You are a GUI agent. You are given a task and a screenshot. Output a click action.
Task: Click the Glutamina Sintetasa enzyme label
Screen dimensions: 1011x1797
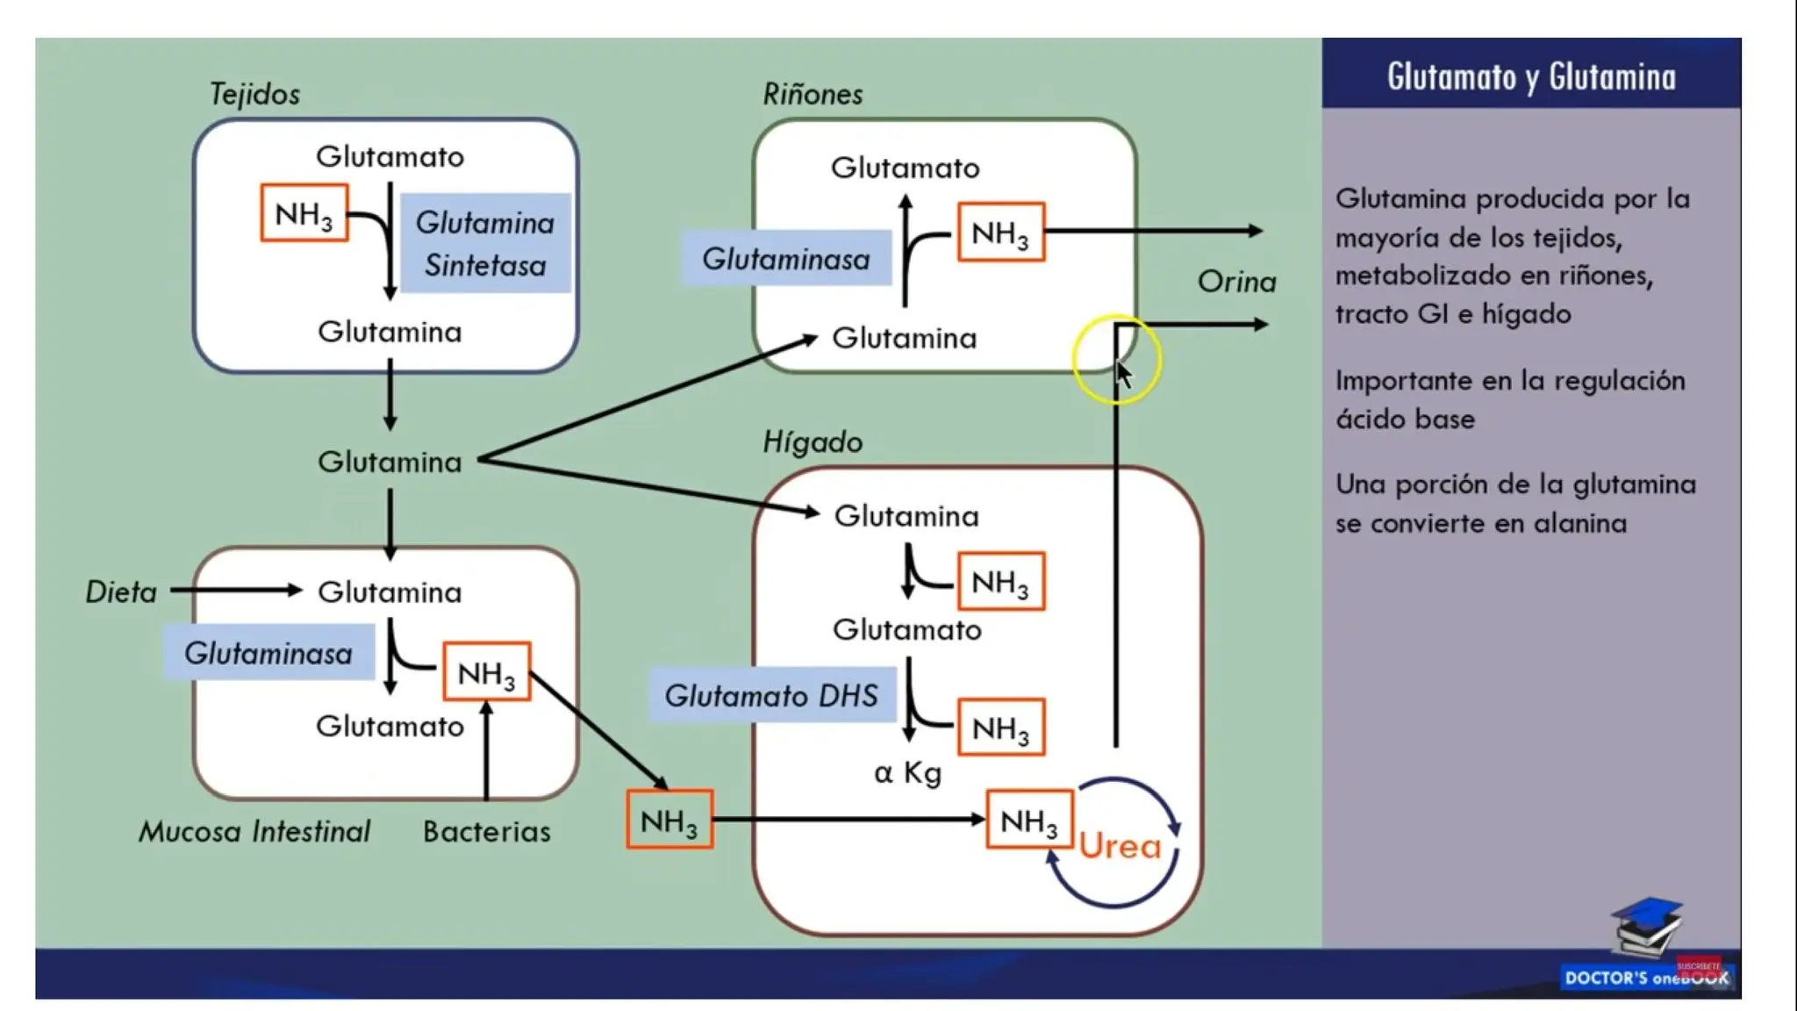[x=485, y=243]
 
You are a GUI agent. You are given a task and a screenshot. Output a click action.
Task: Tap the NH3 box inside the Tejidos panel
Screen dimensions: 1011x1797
[x=304, y=213]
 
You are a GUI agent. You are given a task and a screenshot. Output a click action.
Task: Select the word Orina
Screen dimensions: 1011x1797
[x=1236, y=282]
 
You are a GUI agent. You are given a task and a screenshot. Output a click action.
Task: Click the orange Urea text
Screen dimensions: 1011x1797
[x=1120, y=846]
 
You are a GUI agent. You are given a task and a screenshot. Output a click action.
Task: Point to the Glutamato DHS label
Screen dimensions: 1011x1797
[x=771, y=695]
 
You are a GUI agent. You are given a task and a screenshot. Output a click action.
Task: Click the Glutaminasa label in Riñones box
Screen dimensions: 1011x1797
[x=786, y=259]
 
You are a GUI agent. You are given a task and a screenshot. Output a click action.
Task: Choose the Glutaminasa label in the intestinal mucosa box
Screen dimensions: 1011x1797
[x=268, y=653]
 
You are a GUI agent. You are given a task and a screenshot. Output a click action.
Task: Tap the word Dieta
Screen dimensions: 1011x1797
[x=121, y=592]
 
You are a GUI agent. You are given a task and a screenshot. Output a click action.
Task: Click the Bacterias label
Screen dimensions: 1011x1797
[x=487, y=831]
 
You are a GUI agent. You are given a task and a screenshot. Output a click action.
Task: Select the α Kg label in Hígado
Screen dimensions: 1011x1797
[x=908, y=773]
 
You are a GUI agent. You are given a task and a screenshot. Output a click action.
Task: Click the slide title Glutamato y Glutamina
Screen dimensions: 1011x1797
[x=1531, y=76]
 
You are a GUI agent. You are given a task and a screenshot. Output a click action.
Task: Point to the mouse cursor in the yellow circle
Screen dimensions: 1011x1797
[x=1123, y=374]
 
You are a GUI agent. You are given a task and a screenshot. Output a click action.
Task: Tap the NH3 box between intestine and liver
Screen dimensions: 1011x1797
[x=669, y=820]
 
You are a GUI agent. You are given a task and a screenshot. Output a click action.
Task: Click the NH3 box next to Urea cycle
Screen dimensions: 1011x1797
[x=1029, y=820]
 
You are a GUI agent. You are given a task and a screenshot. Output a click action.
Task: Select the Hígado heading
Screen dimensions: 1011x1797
[x=813, y=441]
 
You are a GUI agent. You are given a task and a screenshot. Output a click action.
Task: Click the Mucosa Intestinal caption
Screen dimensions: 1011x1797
[x=254, y=831]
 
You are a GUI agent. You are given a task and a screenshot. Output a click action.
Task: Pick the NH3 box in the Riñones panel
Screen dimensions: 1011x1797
[x=1000, y=233]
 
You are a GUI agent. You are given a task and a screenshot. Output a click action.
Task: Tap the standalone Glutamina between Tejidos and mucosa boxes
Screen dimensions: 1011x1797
[x=390, y=462]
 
